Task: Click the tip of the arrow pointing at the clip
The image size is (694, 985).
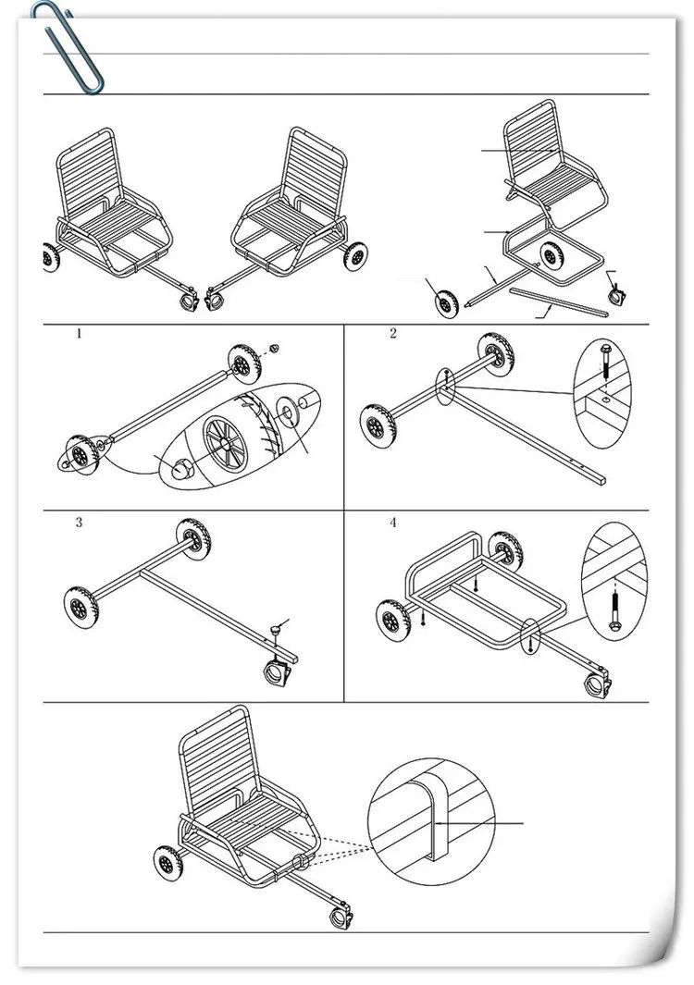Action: click(x=435, y=822)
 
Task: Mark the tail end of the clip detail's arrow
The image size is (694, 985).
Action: click(x=524, y=822)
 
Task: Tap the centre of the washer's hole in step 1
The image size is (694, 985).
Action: click(x=287, y=412)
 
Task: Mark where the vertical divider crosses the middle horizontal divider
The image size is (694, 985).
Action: click(x=344, y=511)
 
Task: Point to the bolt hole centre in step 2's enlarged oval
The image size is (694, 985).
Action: click(x=604, y=399)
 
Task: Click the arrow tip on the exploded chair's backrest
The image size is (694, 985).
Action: click(x=554, y=150)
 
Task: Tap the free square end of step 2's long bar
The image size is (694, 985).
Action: click(x=603, y=479)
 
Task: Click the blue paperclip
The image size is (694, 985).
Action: click(x=68, y=48)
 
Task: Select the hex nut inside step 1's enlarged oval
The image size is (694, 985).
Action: click(x=183, y=467)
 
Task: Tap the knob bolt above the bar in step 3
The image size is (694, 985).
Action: click(x=276, y=630)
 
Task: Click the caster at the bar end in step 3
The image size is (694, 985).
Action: click(x=279, y=672)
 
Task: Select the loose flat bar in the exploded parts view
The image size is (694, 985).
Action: click(x=559, y=301)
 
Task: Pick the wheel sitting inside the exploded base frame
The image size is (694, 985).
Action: click(x=551, y=255)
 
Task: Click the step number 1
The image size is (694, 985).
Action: click(x=79, y=334)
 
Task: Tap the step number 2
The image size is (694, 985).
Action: click(x=393, y=334)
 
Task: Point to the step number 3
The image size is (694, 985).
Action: click(x=79, y=522)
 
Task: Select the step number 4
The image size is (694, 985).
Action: click(x=393, y=522)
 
